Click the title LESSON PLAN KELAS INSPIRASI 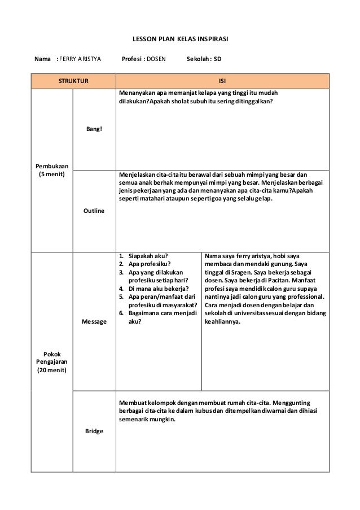[179, 40]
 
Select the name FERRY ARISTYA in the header [81, 58]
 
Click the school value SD [217, 58]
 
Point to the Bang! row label [94, 129]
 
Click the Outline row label [94, 210]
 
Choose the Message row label [94, 320]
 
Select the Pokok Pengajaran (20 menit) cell [52, 362]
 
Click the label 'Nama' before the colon [42, 58]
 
